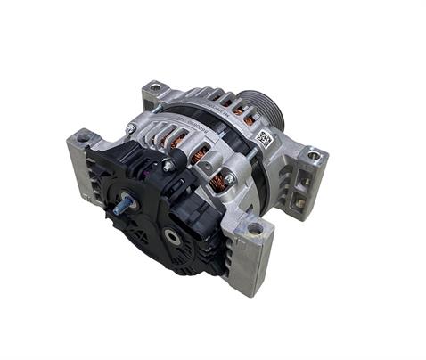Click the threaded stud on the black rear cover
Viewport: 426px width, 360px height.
coord(121,205)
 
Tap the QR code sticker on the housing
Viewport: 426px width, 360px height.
coord(263,138)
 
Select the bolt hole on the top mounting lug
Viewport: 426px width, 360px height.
coord(154,88)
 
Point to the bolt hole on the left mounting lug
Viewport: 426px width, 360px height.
coord(83,139)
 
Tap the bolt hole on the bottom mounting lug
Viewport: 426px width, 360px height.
coord(255,229)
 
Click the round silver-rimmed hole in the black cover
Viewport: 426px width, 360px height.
coord(171,235)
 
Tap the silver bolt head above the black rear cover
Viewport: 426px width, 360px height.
coord(168,166)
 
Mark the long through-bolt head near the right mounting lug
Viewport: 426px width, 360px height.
coord(229,178)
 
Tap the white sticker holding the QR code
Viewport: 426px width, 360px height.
coord(264,139)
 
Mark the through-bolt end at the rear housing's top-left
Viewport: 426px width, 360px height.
coord(131,128)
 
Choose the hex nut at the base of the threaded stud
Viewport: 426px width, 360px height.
coord(131,202)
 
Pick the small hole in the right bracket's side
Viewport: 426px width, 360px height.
coord(300,203)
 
